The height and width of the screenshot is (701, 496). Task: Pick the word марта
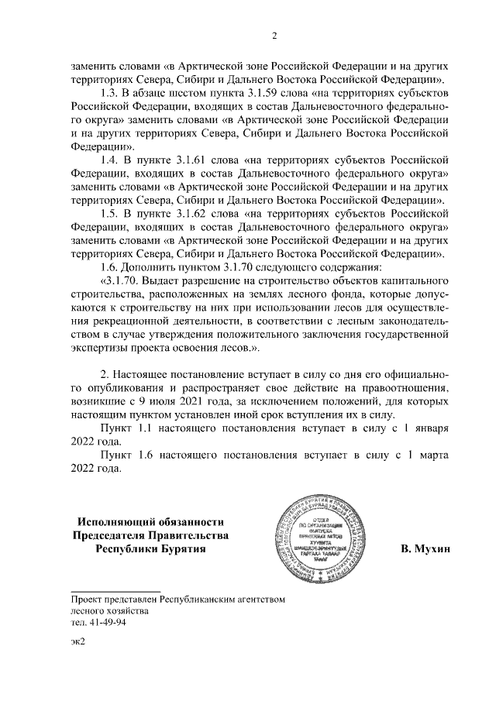tap(431, 456)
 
